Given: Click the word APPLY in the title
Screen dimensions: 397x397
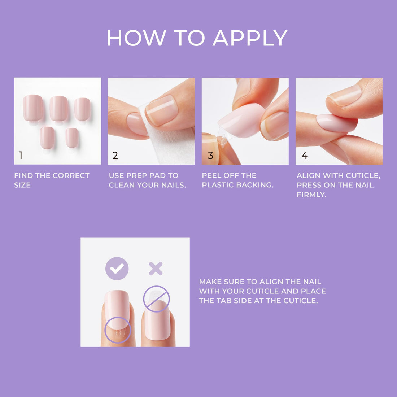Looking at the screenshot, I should [250, 38].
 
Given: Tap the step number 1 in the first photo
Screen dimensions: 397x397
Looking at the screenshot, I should [21, 155].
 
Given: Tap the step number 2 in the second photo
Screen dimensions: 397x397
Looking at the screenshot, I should [115, 156].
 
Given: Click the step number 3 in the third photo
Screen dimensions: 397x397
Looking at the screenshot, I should [210, 156].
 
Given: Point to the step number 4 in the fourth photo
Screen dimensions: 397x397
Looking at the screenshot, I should [305, 156].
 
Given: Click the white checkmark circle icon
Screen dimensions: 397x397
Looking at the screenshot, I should [117, 269].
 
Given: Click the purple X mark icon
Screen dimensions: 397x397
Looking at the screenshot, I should [156, 269].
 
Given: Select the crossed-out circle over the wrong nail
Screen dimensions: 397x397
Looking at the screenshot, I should [156, 299].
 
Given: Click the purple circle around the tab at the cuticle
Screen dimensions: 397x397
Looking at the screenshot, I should [118, 330].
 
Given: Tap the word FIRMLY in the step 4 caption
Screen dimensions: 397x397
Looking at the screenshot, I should [311, 195].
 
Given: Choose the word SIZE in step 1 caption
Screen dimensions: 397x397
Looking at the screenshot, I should [22, 185].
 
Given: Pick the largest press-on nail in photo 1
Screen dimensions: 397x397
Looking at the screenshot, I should [33, 108].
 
